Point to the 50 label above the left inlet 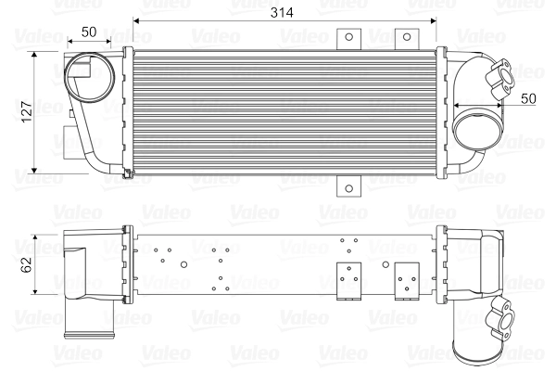pyautogui.click(x=90, y=32)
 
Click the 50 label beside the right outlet pyautogui.click(x=527, y=97)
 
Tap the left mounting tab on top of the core pyautogui.click(x=348, y=37)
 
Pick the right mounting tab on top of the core pyautogui.click(x=403, y=37)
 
